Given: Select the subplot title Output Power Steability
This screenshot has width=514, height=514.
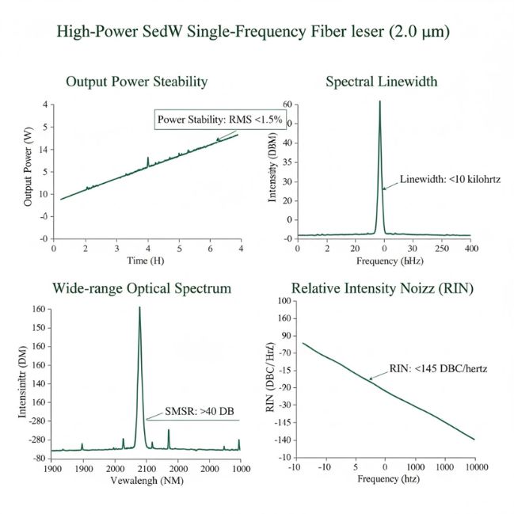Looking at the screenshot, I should tap(136, 82).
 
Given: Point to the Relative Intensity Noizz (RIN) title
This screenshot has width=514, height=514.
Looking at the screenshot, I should tap(383, 288).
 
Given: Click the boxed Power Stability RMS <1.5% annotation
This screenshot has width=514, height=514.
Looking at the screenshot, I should tap(208, 120).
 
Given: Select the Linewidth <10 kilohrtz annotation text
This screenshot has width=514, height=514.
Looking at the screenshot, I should tap(450, 180).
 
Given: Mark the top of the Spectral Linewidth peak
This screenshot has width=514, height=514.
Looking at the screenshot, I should tap(380, 101).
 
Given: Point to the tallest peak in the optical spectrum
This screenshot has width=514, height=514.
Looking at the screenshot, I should tap(139, 308).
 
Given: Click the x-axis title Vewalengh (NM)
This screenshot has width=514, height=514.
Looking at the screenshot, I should tap(142, 481).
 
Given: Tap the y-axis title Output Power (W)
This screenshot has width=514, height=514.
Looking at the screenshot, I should tap(29, 171).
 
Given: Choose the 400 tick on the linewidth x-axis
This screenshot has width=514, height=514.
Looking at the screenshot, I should tap(470, 248).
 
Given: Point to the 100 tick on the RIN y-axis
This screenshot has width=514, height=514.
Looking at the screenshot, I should tap(281, 302).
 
